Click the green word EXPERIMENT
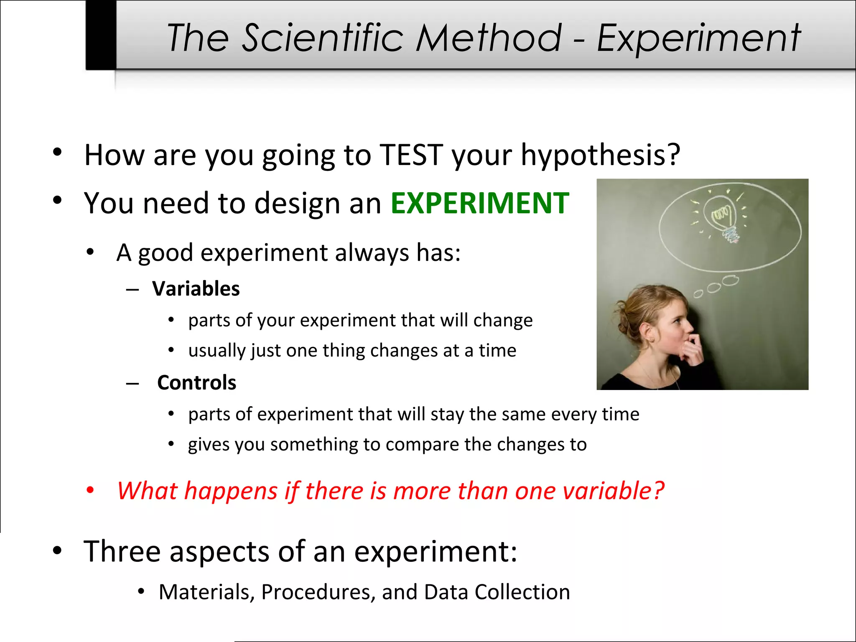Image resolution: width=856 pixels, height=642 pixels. (x=479, y=204)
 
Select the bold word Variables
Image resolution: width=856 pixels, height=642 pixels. (x=196, y=289)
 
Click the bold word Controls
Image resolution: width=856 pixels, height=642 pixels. (x=196, y=383)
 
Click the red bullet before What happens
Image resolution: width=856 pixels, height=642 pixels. (x=90, y=490)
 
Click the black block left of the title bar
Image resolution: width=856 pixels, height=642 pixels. (x=101, y=35)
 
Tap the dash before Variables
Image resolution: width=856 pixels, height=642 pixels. (x=132, y=290)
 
